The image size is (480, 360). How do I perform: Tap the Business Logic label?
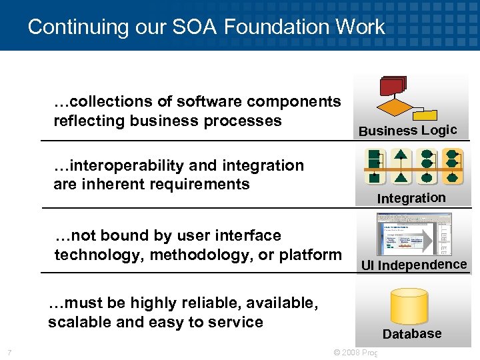[407, 130]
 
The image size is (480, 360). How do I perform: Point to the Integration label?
[411, 198]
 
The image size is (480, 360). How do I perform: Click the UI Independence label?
[413, 265]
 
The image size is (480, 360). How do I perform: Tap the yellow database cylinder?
[409, 305]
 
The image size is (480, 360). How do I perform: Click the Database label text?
[411, 334]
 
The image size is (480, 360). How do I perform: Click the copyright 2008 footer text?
[354, 353]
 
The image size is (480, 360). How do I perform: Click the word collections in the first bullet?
[103, 101]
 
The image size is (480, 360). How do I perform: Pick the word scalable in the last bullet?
[75, 323]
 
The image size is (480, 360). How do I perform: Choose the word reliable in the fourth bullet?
[192, 303]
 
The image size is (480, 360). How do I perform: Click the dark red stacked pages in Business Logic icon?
[393, 87]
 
